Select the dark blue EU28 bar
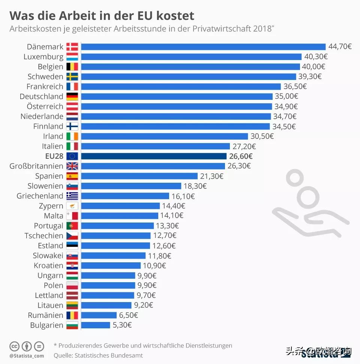154,156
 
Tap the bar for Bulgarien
96,325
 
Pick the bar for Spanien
139,176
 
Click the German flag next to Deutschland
72,96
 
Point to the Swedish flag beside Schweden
72,77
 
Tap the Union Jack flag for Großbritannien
72,166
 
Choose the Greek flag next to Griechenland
72,196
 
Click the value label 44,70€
340,47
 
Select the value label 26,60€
241,156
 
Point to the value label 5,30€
122,325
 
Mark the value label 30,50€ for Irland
262,136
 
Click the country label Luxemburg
43,57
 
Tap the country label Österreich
45,107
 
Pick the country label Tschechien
44,236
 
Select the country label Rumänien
45,315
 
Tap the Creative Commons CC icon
14,346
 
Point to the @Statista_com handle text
27,356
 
